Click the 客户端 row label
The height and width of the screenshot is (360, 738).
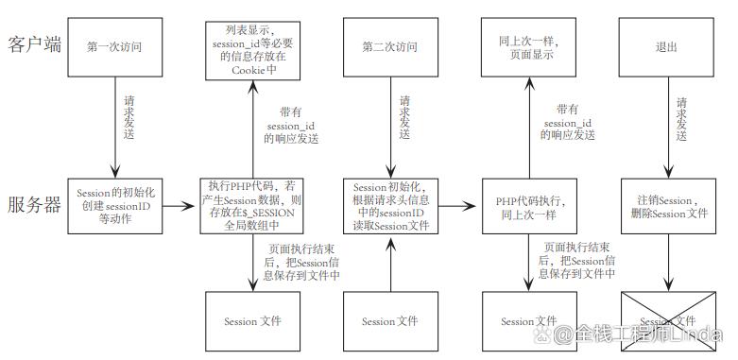[35, 44]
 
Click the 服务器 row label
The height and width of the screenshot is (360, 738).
[35, 205]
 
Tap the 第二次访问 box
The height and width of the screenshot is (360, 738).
[390, 45]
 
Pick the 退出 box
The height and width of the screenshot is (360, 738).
[666, 45]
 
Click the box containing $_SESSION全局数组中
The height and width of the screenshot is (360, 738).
[252, 205]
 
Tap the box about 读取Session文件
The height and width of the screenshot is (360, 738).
[390, 205]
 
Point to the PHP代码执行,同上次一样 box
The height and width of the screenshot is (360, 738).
[529, 205]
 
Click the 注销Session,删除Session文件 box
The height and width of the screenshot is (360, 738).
[666, 205]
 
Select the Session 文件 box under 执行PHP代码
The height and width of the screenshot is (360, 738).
[252, 321]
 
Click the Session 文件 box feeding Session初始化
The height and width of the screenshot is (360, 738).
[390, 321]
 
